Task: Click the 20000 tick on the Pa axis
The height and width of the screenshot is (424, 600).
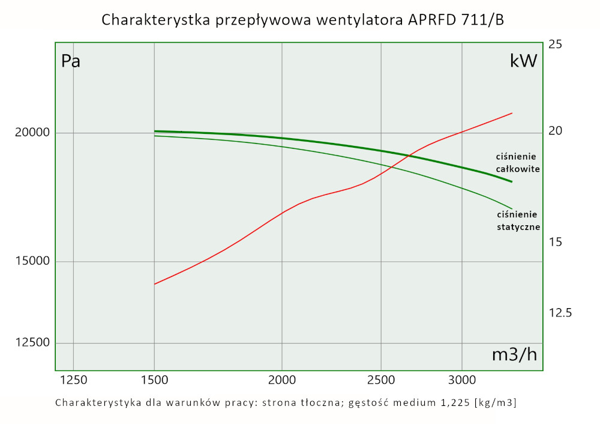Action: [31, 133]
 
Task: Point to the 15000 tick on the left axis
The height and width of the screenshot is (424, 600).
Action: [31, 261]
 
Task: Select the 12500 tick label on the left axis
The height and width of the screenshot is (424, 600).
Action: [31, 343]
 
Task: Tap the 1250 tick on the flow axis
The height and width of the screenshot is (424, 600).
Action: [73, 380]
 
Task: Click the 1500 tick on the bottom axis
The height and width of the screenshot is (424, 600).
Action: [155, 380]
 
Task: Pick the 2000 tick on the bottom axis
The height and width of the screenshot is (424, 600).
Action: [282, 380]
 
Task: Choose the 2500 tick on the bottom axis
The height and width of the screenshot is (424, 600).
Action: [381, 380]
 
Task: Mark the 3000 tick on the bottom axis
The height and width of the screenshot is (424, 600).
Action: [462, 380]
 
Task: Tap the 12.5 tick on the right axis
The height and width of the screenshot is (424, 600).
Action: [560, 313]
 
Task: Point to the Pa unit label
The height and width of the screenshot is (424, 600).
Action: [71, 61]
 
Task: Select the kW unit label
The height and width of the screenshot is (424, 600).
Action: [523, 61]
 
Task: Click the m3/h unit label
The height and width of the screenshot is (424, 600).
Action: [514, 354]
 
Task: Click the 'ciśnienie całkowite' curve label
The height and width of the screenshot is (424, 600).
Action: [517, 162]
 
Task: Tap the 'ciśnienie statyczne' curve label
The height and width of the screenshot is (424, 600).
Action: [519, 220]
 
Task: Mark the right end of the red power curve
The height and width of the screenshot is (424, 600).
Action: [512, 113]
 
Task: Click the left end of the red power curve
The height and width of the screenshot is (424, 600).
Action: [155, 284]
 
